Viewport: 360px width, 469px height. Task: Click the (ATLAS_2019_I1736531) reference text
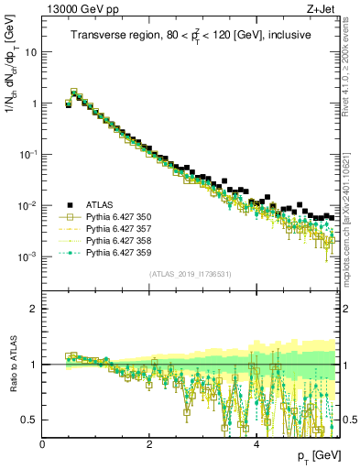click(x=190, y=275)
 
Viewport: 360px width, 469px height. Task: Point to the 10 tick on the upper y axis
click(x=32, y=52)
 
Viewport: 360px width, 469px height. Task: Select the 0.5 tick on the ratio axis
click(x=30, y=420)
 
